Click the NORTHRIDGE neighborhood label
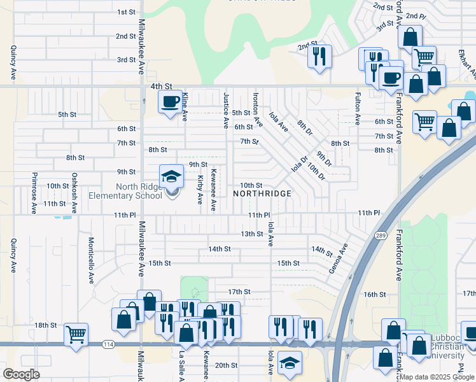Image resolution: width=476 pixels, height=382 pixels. coord(262,193)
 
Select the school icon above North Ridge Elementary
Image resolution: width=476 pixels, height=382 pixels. coord(171,176)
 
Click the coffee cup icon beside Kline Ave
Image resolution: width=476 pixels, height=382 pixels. coord(170,101)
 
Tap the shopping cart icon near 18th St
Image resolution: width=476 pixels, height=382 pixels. coord(76,333)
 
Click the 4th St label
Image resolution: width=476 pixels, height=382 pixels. coord(162,86)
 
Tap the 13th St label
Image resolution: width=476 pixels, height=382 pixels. coord(252,234)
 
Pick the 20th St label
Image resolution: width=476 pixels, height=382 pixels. coord(226,365)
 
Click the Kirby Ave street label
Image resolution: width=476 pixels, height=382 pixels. coord(199,190)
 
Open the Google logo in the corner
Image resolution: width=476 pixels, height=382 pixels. coord(20,374)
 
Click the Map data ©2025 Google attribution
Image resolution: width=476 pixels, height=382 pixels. coord(436,377)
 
